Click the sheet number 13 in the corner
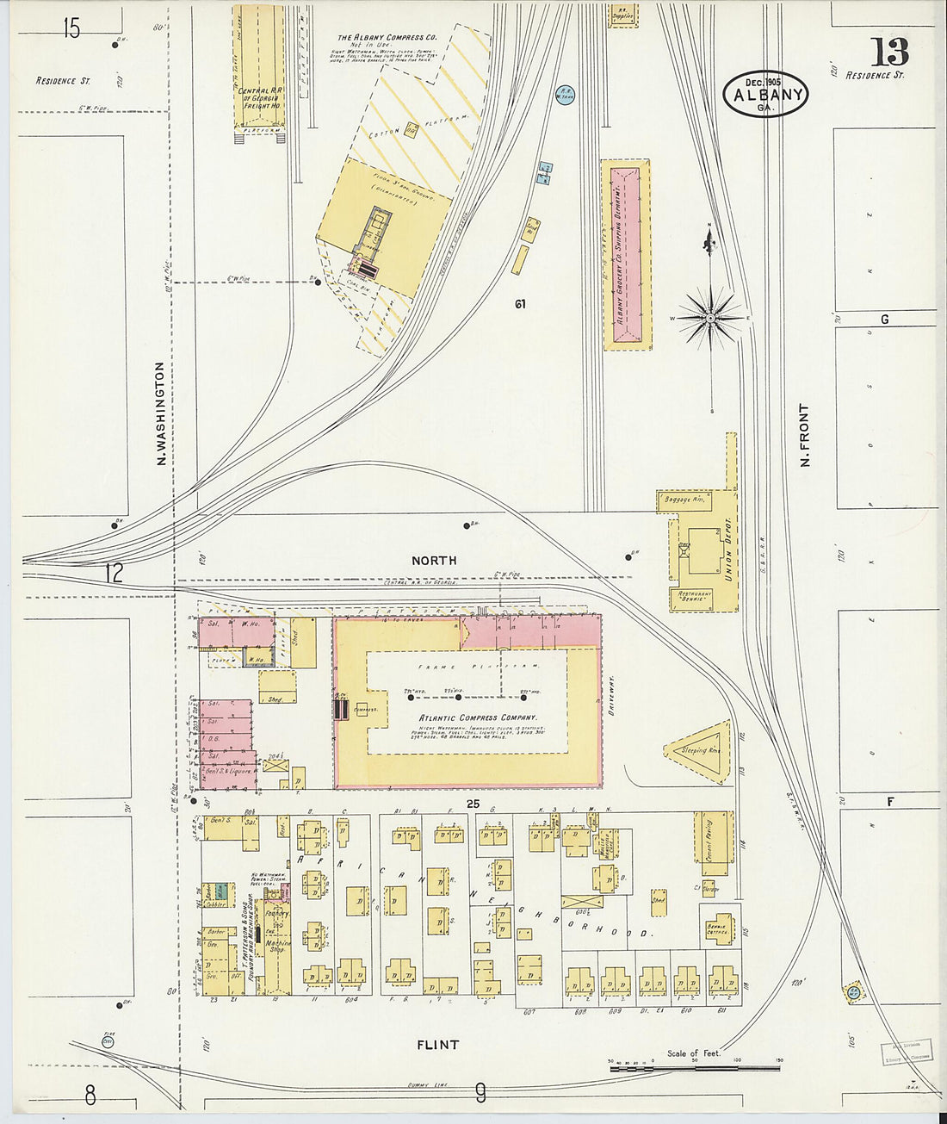889,53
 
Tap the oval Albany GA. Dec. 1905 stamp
766,94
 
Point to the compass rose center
711,319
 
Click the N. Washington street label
161,413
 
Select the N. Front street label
806,436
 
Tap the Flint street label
437,1045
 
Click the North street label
434,561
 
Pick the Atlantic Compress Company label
477,717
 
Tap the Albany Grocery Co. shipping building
627,254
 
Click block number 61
519,304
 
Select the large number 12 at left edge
114,573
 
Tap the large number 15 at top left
71,29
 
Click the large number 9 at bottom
480,1094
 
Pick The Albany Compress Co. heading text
387,38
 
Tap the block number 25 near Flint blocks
472,804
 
